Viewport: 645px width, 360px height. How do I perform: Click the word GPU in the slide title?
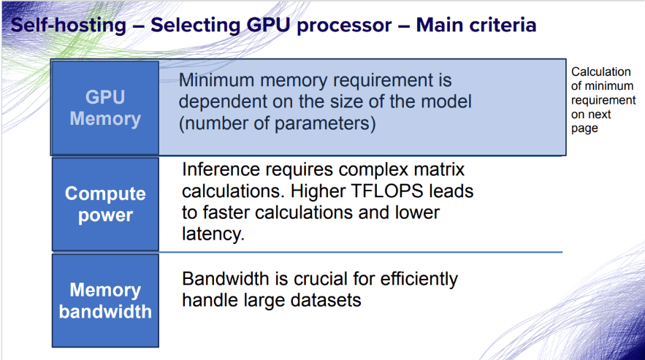[268, 25]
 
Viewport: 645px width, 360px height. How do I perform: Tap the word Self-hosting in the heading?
[68, 25]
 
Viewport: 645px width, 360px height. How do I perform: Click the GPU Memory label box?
[105, 108]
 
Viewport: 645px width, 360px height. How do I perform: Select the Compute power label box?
[105, 204]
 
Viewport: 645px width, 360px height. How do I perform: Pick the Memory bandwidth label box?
[105, 300]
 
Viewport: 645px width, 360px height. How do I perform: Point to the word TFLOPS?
[387, 191]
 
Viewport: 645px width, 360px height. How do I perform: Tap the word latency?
[213, 234]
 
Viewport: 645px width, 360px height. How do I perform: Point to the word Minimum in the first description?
[216, 80]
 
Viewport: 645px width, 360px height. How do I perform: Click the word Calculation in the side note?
[601, 72]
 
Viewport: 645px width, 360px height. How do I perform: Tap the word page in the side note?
[584, 129]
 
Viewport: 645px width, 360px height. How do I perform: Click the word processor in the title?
[344, 26]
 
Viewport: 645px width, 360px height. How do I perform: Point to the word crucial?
[320, 278]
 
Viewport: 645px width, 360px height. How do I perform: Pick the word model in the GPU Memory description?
[448, 102]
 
